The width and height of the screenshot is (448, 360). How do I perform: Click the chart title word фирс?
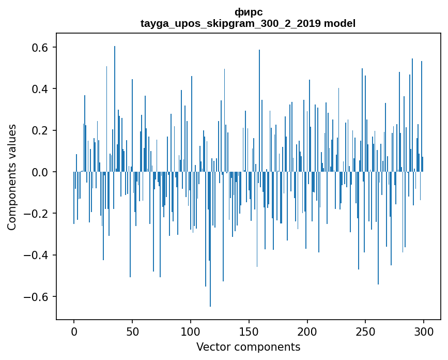click(248, 12)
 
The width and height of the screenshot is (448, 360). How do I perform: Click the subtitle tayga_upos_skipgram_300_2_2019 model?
click(248, 23)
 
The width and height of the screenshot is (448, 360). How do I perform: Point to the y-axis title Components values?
click(12, 177)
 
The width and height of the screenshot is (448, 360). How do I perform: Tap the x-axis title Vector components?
click(248, 347)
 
